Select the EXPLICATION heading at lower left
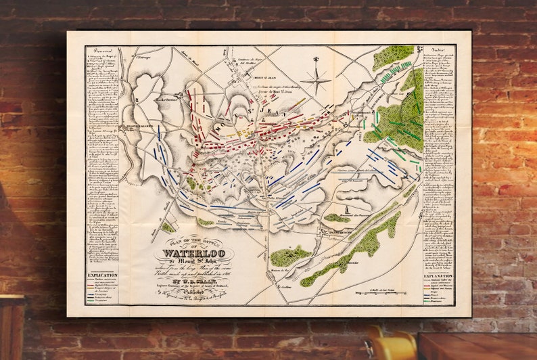[x=101, y=275]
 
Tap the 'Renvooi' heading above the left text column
[x=100, y=51]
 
